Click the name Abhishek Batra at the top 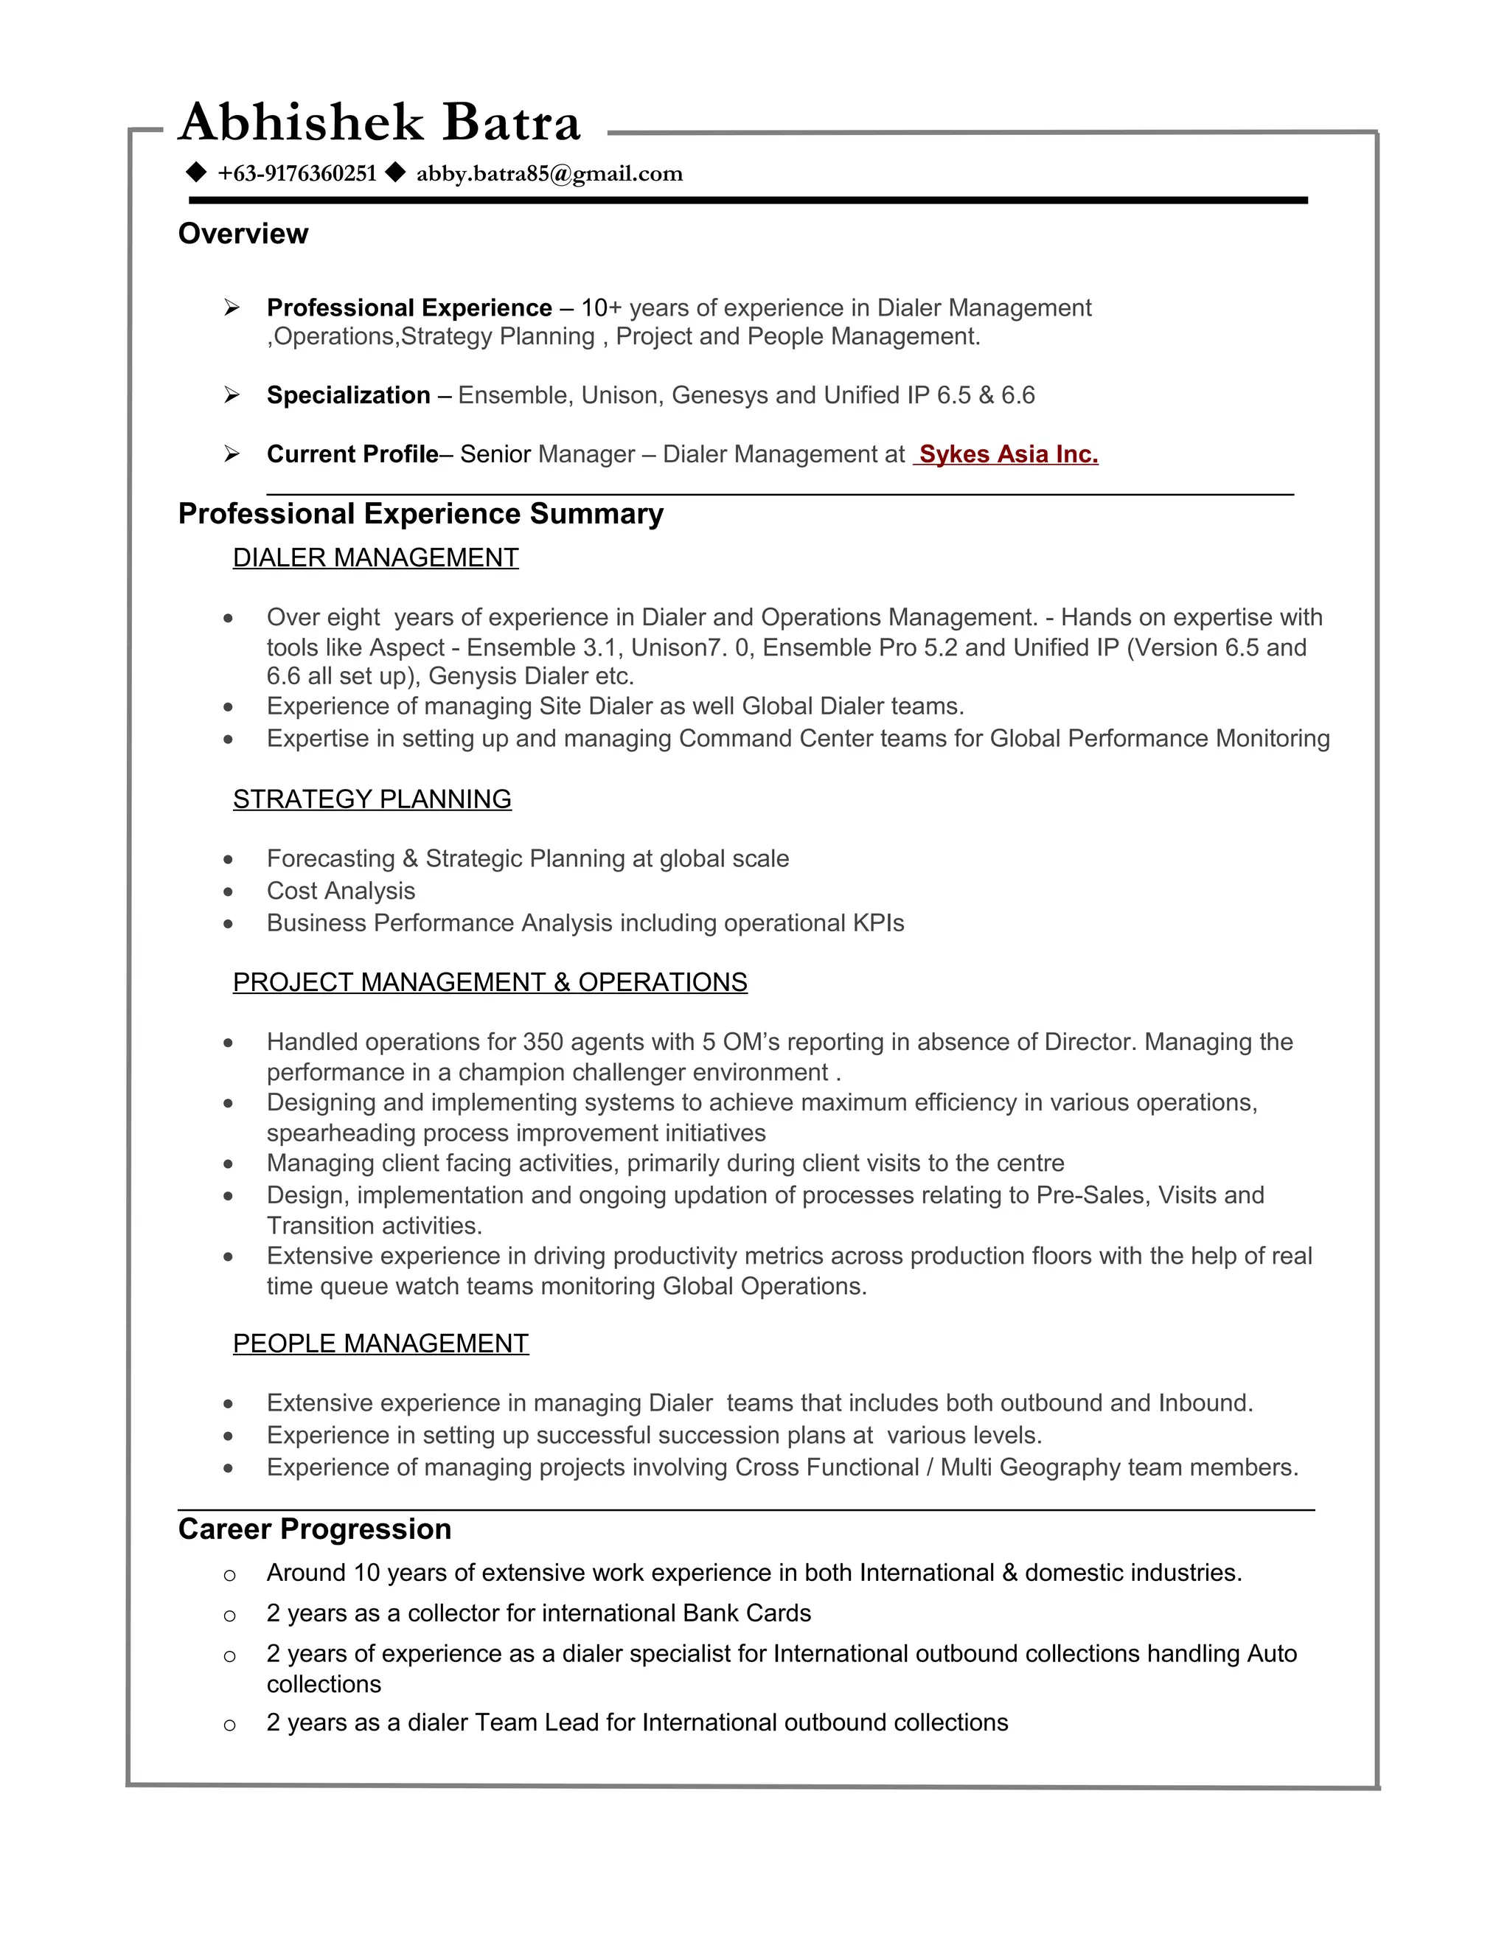click(x=379, y=122)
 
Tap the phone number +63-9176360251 click(x=297, y=173)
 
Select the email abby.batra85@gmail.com click(x=549, y=173)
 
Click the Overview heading click(x=243, y=234)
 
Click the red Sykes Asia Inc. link click(x=1007, y=454)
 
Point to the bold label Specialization click(x=348, y=395)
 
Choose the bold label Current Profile click(x=352, y=454)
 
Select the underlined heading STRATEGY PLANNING click(x=372, y=799)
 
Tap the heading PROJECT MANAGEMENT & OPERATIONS click(x=490, y=982)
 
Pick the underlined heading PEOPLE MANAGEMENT click(x=380, y=1343)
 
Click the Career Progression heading click(x=314, y=1529)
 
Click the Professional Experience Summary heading click(x=420, y=513)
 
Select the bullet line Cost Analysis click(x=340, y=891)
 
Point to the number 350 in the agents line click(x=543, y=1043)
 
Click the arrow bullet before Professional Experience click(x=232, y=307)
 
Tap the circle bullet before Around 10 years click(x=229, y=1576)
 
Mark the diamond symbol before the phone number click(x=196, y=173)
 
